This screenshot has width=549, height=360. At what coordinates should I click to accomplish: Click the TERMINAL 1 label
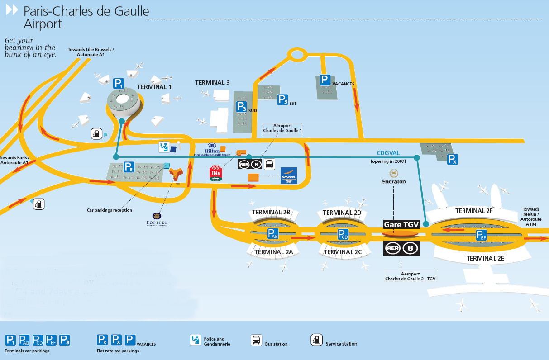click(x=154, y=87)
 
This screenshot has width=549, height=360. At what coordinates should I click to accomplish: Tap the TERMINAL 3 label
click(x=212, y=82)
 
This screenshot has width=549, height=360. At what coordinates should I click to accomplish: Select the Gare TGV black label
click(x=401, y=224)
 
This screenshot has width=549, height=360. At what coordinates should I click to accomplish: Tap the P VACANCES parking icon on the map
click(x=325, y=80)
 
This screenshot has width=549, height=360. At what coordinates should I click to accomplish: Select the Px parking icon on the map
click(x=452, y=159)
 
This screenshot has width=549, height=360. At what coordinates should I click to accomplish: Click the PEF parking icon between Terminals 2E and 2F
click(x=481, y=235)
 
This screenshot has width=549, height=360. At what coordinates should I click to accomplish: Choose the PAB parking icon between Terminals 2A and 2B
click(x=272, y=234)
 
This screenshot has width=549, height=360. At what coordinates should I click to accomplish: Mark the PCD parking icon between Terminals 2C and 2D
click(x=343, y=234)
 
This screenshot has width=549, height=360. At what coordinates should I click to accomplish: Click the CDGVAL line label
click(x=388, y=153)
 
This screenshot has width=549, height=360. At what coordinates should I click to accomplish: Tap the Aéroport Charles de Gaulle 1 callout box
click(x=282, y=128)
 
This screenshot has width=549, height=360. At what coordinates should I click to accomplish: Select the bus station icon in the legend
click(x=256, y=340)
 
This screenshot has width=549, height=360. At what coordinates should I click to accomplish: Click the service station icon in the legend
click(x=316, y=340)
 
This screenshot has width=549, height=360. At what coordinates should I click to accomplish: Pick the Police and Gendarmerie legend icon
click(x=196, y=340)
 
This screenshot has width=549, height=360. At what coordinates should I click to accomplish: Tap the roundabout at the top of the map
click(x=297, y=55)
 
